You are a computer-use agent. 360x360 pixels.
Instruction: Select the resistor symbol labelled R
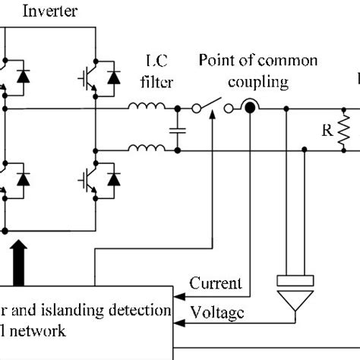[x=343, y=130]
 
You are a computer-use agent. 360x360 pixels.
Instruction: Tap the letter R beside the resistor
[x=327, y=129]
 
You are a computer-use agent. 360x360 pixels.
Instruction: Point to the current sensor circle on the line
[x=248, y=108]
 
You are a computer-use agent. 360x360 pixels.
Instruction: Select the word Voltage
[x=219, y=311]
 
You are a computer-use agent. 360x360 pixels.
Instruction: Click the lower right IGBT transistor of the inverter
[x=85, y=180]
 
